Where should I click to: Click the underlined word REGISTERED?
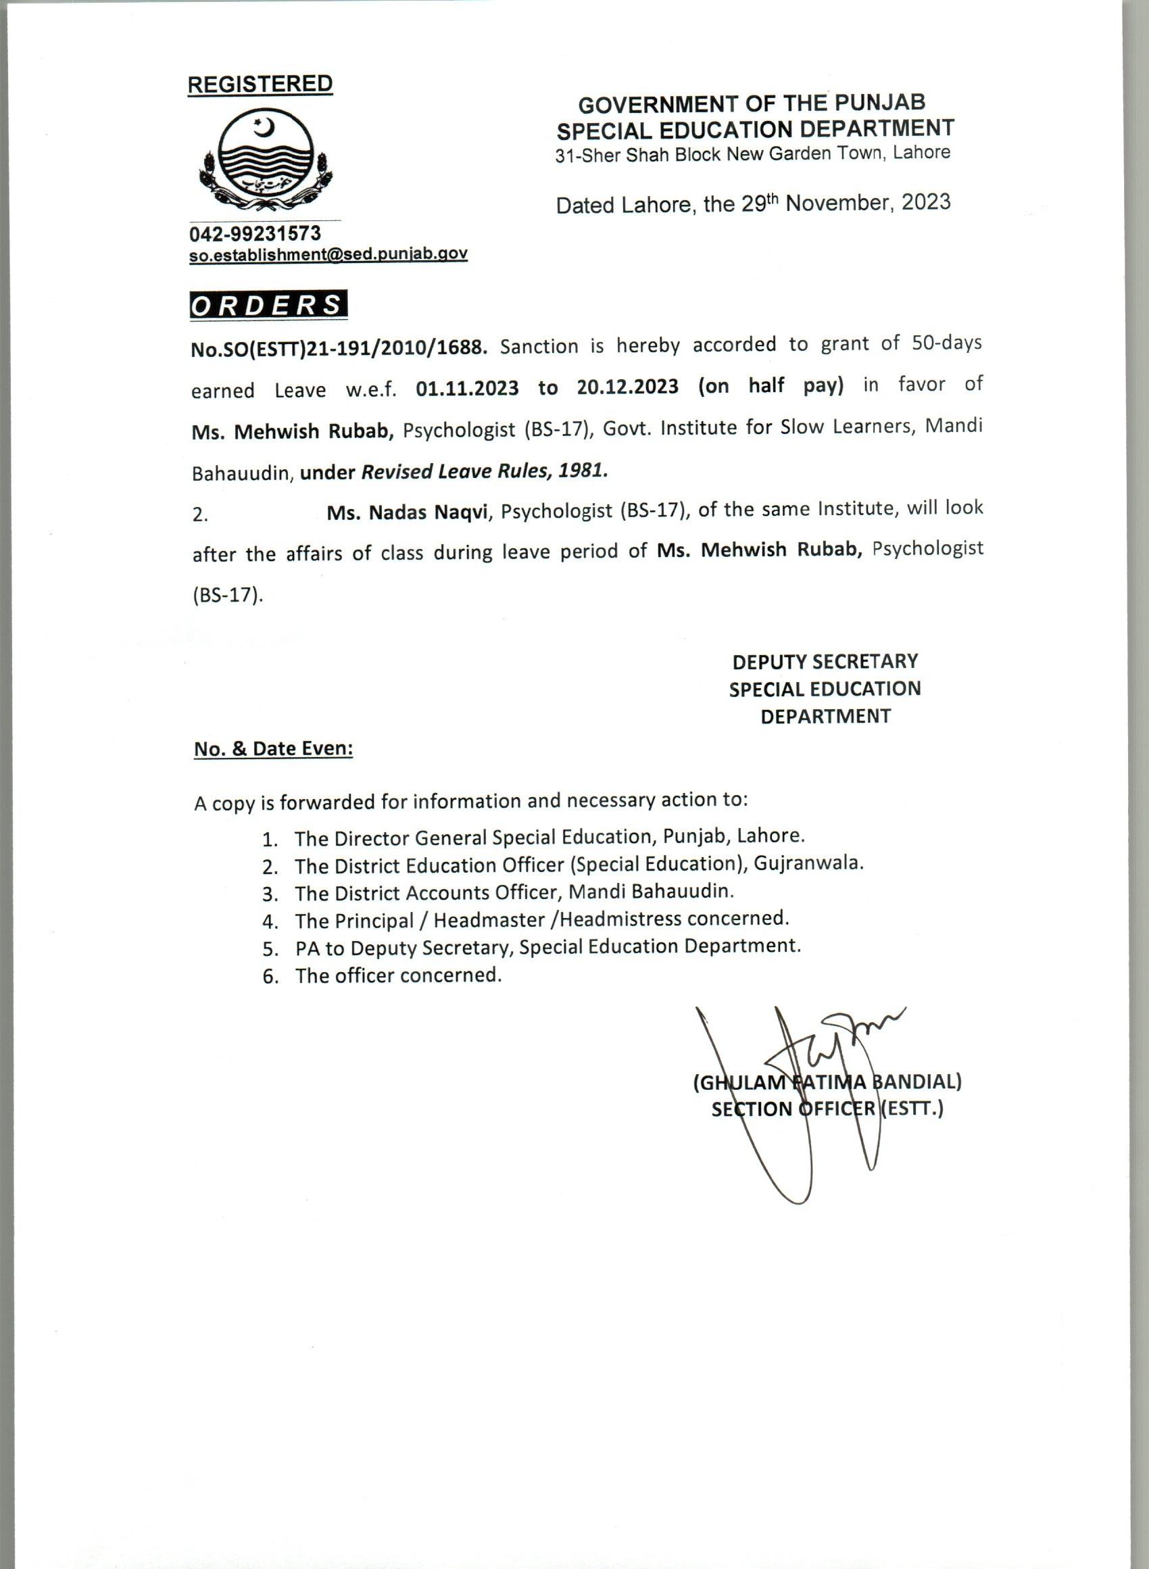[x=260, y=84]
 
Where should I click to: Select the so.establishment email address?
[x=328, y=255]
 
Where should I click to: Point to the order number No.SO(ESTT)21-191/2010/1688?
[x=339, y=347]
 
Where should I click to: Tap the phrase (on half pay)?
[x=771, y=385]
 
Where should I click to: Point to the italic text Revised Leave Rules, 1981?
[x=484, y=471]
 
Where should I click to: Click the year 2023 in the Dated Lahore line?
[x=925, y=201]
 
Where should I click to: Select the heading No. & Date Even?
[x=273, y=749]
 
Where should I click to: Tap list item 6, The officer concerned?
[x=397, y=975]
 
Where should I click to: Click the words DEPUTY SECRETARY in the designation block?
[x=825, y=660]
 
